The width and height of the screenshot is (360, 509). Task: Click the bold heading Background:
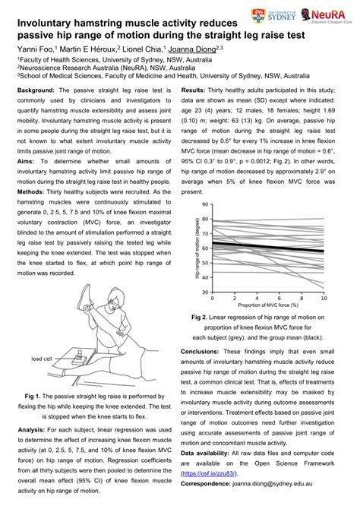(37, 90)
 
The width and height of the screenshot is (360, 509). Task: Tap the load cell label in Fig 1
(41, 358)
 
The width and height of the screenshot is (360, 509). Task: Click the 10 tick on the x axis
(324, 299)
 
